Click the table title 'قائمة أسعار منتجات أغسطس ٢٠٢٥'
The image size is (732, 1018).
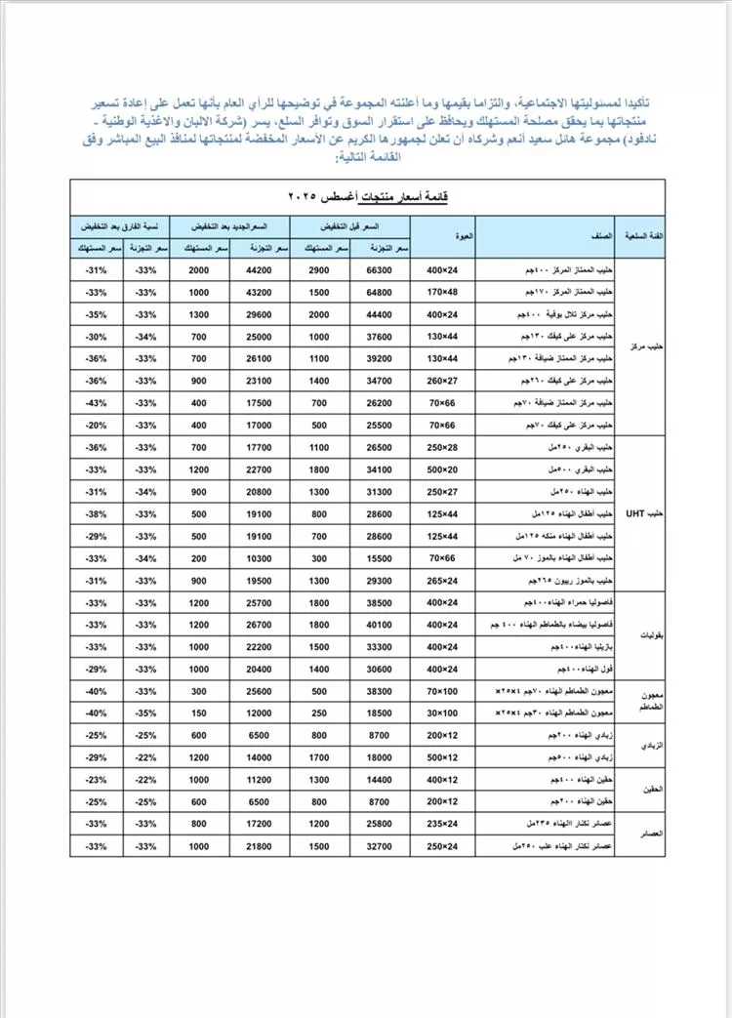point(364,196)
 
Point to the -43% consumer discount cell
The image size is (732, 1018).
point(96,402)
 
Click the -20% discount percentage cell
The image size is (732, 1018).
point(96,425)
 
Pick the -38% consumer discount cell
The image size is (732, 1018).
point(96,513)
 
